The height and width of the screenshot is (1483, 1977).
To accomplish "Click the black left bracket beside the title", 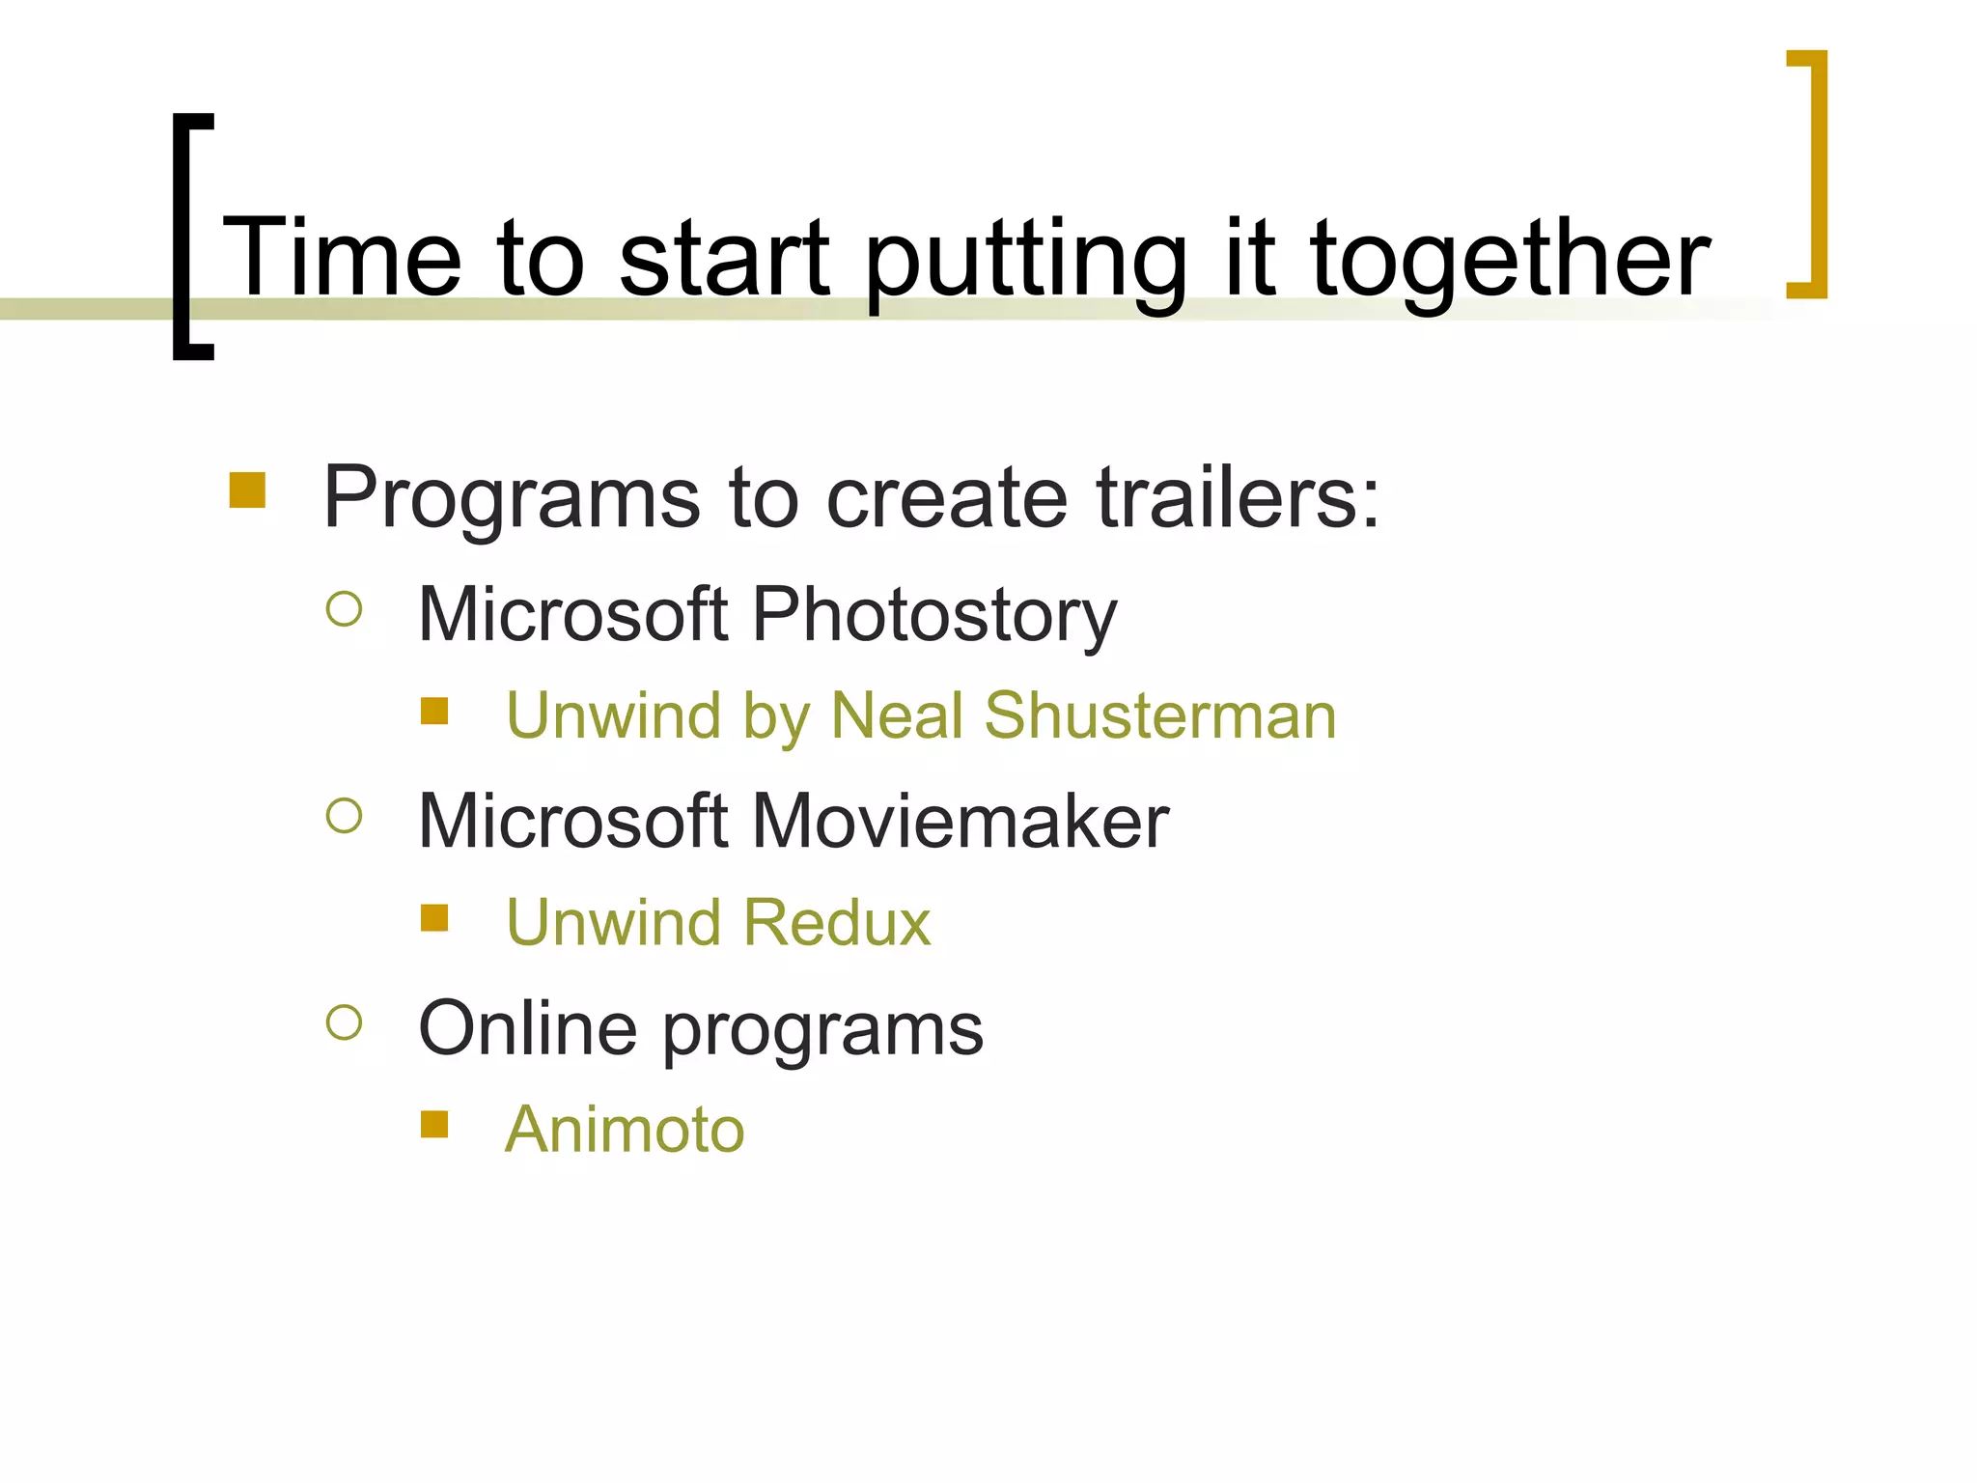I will coord(183,237).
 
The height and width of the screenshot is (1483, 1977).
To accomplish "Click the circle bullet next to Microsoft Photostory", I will coord(345,609).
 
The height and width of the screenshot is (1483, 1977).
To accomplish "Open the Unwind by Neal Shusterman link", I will coord(921,716).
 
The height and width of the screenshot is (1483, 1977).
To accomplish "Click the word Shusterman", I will coord(1160,716).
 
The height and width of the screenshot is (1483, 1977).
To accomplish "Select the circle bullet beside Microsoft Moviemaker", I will coord(345,816).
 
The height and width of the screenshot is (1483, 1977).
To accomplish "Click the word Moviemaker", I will coord(960,822).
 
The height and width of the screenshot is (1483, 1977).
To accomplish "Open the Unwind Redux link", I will coord(718,923).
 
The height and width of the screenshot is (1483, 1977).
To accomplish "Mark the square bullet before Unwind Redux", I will coord(434,917).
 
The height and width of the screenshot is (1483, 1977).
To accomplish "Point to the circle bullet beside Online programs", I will coord(345,1022).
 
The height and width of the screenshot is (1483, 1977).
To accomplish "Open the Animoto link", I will coord(625,1130).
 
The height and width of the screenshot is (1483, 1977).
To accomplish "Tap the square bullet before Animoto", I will coord(434,1124).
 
